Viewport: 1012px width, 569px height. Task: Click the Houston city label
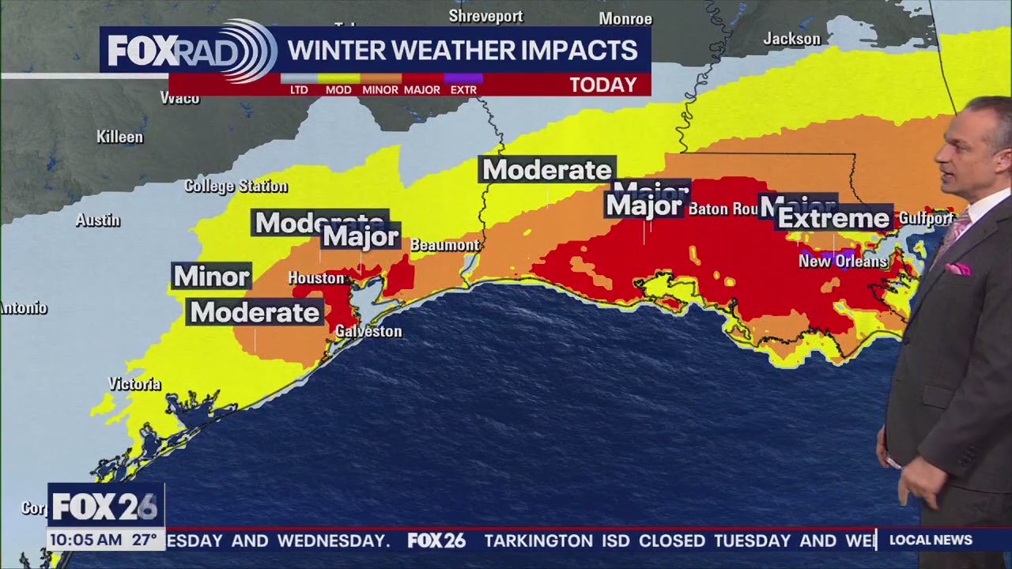[316, 278]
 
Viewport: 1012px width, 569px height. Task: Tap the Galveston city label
[368, 332]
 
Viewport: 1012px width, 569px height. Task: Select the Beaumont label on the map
[445, 245]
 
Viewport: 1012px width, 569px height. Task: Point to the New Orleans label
[843, 261]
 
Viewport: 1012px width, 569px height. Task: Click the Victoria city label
[134, 384]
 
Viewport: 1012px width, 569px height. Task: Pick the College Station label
[236, 187]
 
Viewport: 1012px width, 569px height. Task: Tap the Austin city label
[98, 220]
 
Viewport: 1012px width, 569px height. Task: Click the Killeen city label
[119, 137]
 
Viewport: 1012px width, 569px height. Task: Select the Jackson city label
[792, 39]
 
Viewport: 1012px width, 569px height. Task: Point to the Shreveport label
[485, 16]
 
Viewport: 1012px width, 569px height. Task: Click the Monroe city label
[625, 18]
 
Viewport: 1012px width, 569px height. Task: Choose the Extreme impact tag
[834, 218]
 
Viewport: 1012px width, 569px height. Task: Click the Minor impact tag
[211, 276]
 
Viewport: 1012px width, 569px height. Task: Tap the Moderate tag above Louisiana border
[547, 170]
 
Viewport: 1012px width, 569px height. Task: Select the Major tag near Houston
[361, 236]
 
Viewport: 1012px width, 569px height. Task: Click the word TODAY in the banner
[603, 85]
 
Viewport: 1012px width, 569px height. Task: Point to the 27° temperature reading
[144, 541]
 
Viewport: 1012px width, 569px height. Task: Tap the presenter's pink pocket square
[958, 269]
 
